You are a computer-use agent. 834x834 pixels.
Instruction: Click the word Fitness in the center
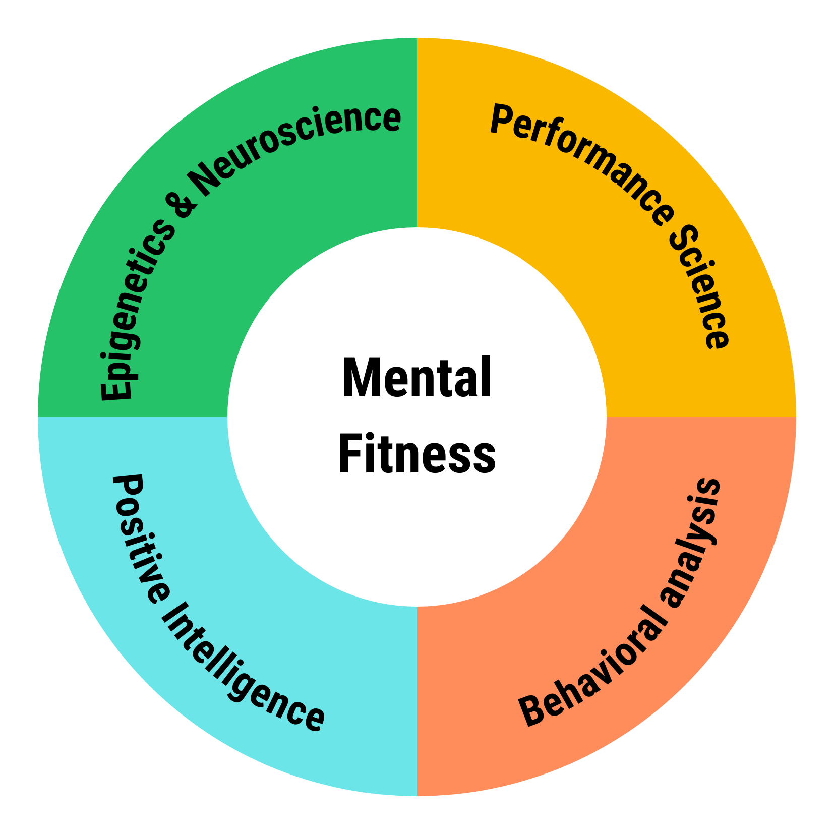(x=416, y=453)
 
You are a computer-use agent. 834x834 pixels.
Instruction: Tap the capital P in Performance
(x=502, y=120)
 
